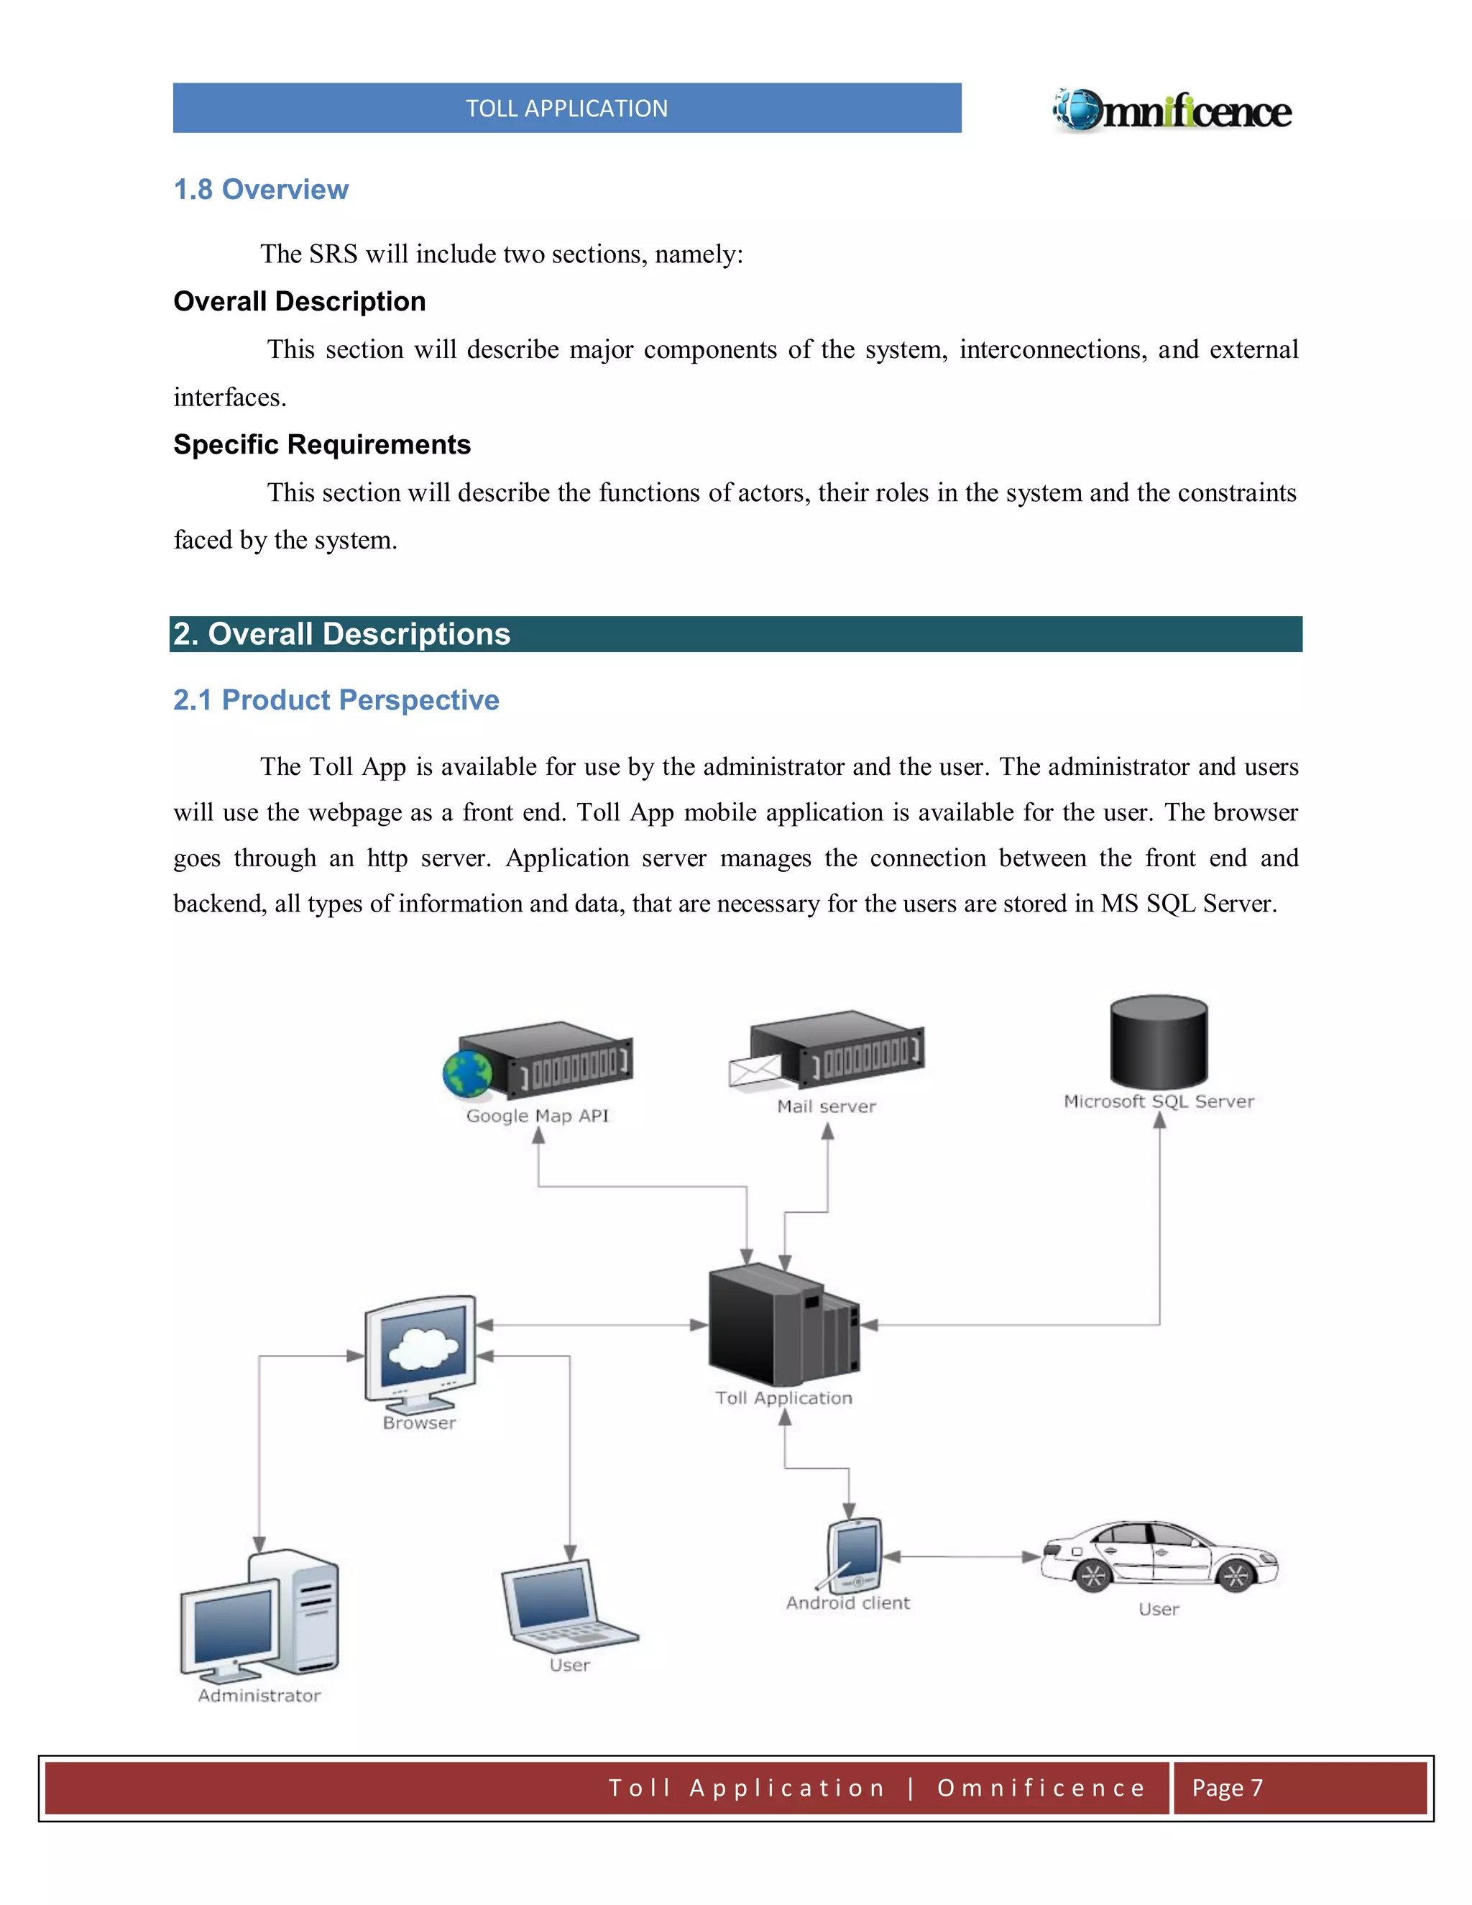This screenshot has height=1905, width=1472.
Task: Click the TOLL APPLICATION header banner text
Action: pos(567,108)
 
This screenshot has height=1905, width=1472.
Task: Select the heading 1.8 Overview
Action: pos(261,189)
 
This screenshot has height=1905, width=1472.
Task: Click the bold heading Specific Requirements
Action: pos(322,444)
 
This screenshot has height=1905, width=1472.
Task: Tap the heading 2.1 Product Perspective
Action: pos(336,699)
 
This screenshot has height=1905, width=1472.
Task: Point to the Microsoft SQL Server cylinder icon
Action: pos(1158,1042)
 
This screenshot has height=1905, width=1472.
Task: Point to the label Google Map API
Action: pos(537,1116)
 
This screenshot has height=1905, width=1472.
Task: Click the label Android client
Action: pos(847,1602)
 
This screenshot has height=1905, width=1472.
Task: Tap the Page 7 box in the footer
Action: pos(1299,1787)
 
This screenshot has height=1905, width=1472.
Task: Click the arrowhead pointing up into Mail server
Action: pos(827,1132)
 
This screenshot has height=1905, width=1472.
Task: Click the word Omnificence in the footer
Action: pos(1041,1787)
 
